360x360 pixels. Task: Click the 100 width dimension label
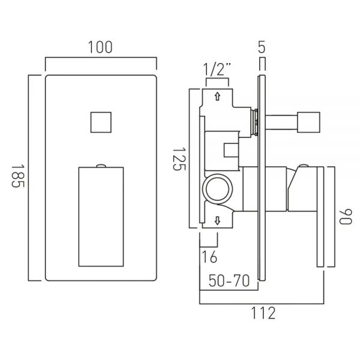tap(100, 47)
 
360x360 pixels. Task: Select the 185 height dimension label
tap(18, 176)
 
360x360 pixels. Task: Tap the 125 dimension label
tap(179, 159)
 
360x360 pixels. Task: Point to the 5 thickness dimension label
tap(262, 47)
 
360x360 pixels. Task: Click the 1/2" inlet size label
tap(217, 69)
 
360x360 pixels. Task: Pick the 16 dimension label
tap(209, 257)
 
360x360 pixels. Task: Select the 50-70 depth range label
tap(229, 281)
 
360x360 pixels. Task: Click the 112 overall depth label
tap(263, 313)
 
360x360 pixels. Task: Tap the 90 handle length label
tap(346, 217)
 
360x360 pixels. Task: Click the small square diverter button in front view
tap(101, 122)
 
